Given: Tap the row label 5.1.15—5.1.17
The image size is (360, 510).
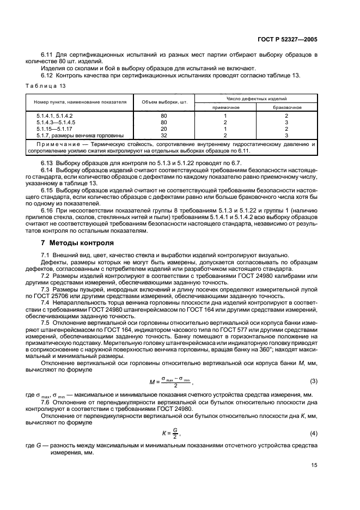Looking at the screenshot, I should pos(52,129).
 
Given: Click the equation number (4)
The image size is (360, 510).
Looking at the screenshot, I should pos(313,433).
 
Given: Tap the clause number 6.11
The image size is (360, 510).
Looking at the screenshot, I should pos(48,56).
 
